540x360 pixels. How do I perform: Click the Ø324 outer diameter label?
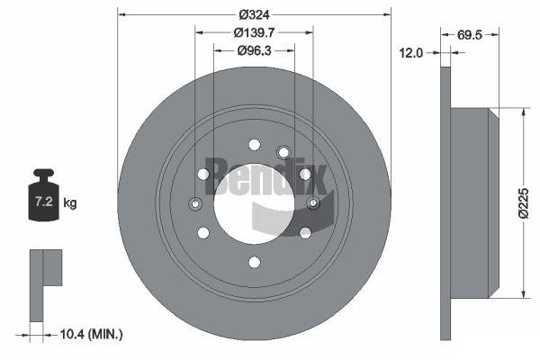(254, 14)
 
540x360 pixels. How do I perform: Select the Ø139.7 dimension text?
(254, 32)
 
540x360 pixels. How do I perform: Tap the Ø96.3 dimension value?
(254, 50)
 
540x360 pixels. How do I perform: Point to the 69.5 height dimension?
(470, 35)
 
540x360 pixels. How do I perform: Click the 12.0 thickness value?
(411, 53)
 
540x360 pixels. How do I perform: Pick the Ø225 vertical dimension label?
(523, 202)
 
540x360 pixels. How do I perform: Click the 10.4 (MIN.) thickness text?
(91, 334)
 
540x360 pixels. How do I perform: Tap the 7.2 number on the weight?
(44, 202)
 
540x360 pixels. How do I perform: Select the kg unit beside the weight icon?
(70, 202)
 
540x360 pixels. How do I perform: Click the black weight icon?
(44, 195)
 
